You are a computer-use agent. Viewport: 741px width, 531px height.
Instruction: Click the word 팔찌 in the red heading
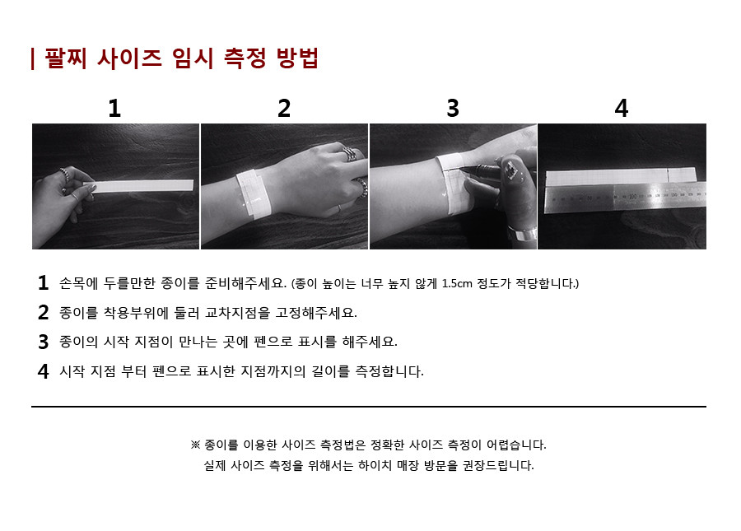tap(66, 58)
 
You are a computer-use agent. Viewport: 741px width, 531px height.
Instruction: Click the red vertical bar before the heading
tap(33, 58)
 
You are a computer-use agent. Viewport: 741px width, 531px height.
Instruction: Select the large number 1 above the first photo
tap(114, 108)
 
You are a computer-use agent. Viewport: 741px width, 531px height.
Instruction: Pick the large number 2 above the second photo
tap(283, 108)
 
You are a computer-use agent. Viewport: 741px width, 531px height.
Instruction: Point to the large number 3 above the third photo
tap(453, 108)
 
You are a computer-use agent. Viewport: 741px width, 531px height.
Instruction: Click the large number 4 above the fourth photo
tap(622, 108)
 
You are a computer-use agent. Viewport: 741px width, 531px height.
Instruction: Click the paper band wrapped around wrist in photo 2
tap(254, 193)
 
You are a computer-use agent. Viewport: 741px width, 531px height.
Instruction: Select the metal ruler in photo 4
tap(626, 198)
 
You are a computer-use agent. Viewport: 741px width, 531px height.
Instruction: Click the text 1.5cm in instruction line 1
tap(457, 283)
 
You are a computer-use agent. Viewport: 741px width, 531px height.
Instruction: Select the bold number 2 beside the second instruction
tap(43, 312)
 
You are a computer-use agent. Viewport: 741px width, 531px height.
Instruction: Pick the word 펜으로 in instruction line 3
tap(273, 342)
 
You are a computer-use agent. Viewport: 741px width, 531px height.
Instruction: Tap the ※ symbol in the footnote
tap(195, 445)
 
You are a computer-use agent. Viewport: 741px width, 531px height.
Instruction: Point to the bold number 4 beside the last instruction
tap(43, 371)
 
